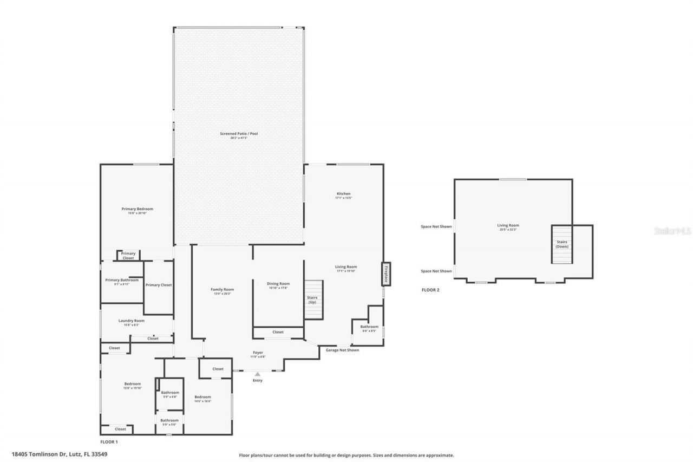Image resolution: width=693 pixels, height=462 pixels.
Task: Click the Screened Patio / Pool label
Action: (238, 134)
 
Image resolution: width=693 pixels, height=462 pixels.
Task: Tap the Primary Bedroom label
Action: (137, 209)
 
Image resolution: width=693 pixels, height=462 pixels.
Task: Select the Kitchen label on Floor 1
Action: (343, 194)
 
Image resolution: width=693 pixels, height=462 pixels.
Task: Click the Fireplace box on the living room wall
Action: (386, 274)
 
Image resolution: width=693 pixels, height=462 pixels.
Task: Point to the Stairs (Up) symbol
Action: (313, 300)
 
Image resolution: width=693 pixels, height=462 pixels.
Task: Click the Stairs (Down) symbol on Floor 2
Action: (562, 244)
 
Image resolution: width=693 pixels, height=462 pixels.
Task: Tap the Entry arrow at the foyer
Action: (258, 374)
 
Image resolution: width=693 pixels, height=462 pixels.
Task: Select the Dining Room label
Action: (278, 284)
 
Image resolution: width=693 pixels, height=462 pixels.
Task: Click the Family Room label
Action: (222, 290)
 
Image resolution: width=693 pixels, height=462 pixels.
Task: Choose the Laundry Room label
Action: (132, 321)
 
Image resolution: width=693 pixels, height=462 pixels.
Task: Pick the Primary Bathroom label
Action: (122, 281)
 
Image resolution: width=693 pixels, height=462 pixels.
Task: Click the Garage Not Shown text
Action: (342, 350)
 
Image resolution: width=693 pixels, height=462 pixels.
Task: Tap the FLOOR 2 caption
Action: (430, 290)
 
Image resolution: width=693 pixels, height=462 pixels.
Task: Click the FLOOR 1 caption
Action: (109, 442)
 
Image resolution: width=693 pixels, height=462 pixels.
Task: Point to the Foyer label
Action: (257, 353)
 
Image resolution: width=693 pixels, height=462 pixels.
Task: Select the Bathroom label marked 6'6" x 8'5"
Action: (369, 327)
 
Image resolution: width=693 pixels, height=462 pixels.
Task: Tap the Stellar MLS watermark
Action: (672, 230)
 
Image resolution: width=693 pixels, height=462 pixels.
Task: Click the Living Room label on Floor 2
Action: (508, 226)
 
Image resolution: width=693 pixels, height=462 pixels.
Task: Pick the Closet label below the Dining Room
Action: (278, 332)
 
